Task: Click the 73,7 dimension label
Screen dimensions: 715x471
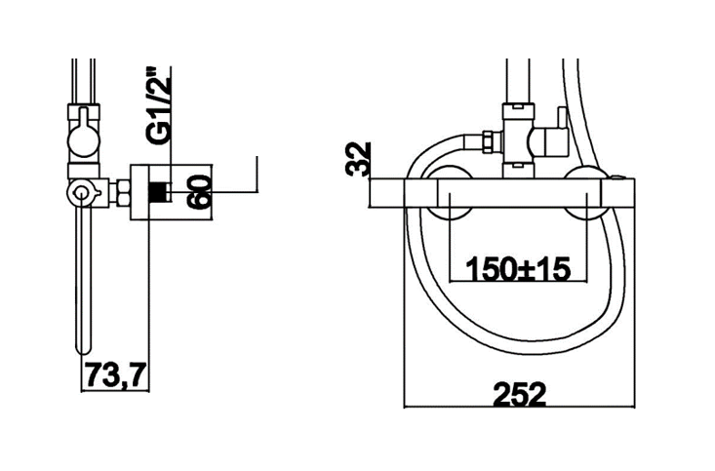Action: point(116,374)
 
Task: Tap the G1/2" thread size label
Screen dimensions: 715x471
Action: point(158,106)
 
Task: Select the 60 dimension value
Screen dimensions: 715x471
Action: point(200,191)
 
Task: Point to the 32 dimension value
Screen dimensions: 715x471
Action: point(358,159)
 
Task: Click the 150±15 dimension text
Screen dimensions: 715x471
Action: point(518,269)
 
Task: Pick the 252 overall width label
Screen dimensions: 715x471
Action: point(519,394)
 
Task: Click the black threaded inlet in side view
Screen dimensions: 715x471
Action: point(159,191)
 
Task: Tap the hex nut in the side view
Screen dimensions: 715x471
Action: point(123,192)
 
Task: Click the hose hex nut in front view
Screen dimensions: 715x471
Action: point(486,141)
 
